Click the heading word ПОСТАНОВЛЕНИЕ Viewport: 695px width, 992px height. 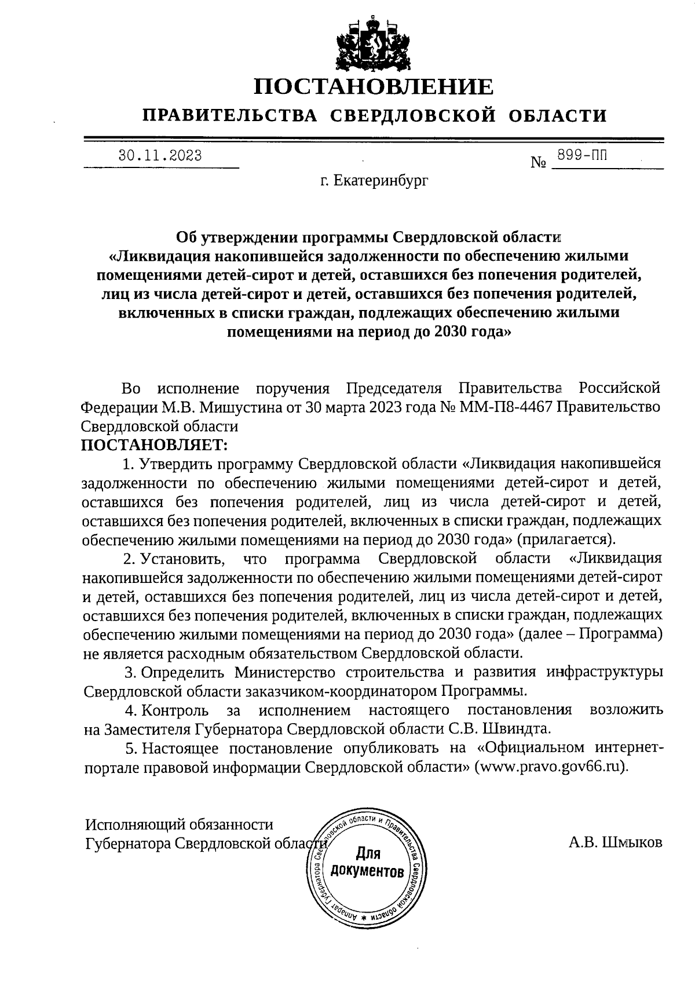pyautogui.click(x=374, y=87)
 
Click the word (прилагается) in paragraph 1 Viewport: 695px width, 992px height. pyautogui.click(x=566, y=539)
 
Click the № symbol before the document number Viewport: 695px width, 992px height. pyautogui.click(x=539, y=163)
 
